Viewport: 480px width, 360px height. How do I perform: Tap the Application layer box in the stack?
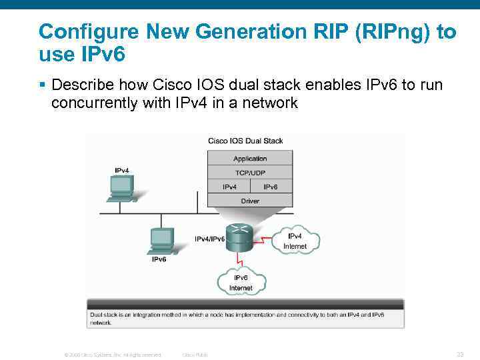[250, 159]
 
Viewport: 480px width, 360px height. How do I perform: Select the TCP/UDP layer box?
[250, 173]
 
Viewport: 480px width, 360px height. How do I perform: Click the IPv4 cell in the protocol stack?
[229, 187]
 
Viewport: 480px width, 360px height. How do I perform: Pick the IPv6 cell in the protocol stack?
[271, 187]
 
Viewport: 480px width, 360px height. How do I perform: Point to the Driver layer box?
[250, 201]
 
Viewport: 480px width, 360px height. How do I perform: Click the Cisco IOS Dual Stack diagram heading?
[245, 141]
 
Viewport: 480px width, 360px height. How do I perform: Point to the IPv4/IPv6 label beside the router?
[209, 238]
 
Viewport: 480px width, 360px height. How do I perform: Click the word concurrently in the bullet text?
[95, 103]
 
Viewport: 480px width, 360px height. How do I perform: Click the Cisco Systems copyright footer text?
[113, 355]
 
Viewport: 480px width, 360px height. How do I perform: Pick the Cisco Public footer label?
[195, 355]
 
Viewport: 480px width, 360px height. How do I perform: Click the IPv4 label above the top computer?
[122, 171]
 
